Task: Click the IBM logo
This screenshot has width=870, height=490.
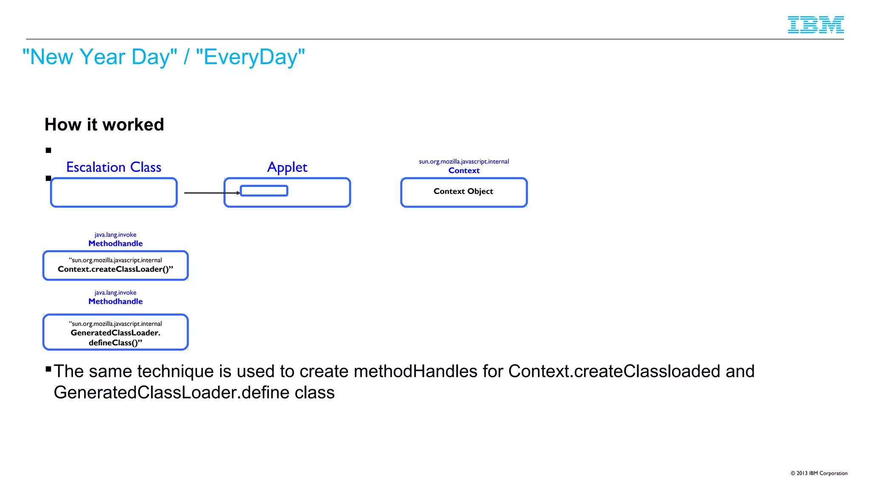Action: coord(815,25)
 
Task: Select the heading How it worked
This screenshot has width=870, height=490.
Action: coord(104,125)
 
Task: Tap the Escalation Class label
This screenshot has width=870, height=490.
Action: coord(113,167)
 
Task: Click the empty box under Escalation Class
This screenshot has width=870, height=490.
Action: coord(113,193)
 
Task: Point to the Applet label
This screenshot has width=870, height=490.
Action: coord(287,167)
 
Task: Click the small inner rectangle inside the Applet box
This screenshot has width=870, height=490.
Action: coord(264,191)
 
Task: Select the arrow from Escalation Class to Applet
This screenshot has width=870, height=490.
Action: coord(210,193)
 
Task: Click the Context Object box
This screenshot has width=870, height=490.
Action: coord(463,192)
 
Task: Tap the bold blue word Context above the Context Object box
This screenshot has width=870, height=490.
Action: coord(464,171)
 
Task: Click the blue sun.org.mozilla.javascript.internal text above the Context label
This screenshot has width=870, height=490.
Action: coord(463,162)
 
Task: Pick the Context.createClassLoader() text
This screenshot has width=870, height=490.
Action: coord(115,269)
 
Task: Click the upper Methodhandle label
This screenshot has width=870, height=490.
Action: coord(115,243)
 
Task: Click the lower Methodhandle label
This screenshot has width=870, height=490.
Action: coord(115,301)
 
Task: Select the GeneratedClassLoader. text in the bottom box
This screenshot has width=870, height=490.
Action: coord(115,333)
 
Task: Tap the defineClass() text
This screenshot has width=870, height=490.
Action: coord(115,343)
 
